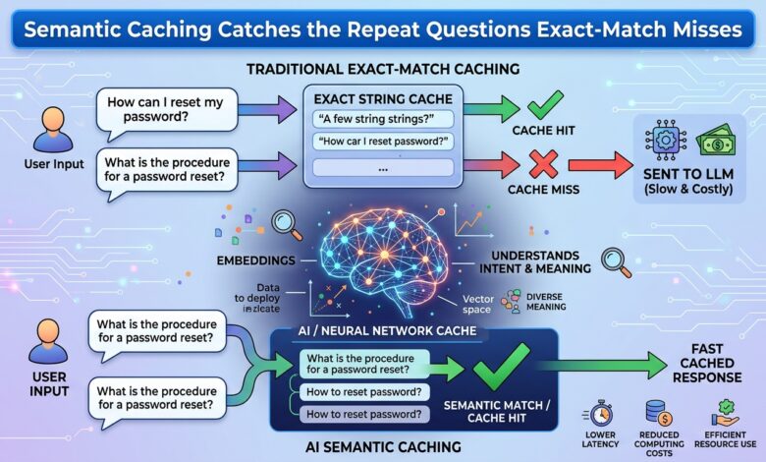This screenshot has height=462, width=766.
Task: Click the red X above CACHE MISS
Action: (544, 164)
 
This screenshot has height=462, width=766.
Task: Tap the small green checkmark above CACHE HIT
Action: (545, 104)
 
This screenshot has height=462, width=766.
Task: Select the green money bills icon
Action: (715, 140)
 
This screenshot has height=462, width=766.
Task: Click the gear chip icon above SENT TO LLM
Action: (666, 140)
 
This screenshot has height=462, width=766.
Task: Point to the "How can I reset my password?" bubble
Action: (166, 111)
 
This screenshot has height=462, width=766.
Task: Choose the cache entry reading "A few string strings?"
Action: (383, 119)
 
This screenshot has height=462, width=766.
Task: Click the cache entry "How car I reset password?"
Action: (383, 142)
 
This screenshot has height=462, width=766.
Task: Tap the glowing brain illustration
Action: (384, 259)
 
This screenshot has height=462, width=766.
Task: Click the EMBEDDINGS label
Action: (256, 260)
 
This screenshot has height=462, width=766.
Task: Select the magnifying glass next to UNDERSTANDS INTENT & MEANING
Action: (617, 262)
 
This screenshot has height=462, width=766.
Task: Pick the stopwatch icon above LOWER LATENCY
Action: (599, 414)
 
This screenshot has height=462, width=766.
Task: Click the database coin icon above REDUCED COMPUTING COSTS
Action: (659, 414)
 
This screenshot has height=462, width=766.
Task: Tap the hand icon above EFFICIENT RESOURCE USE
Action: (726, 414)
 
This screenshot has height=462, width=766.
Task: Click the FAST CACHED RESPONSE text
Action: (707, 364)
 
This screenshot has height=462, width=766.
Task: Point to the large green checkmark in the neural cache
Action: (501, 367)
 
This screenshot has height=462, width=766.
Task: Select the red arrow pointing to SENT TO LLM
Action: (600, 165)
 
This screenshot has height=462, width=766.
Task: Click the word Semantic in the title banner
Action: (69, 29)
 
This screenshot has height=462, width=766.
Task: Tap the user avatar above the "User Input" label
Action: (53, 130)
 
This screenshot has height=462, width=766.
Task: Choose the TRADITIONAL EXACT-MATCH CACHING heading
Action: (383, 69)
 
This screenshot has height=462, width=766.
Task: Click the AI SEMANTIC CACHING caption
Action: (383, 447)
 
